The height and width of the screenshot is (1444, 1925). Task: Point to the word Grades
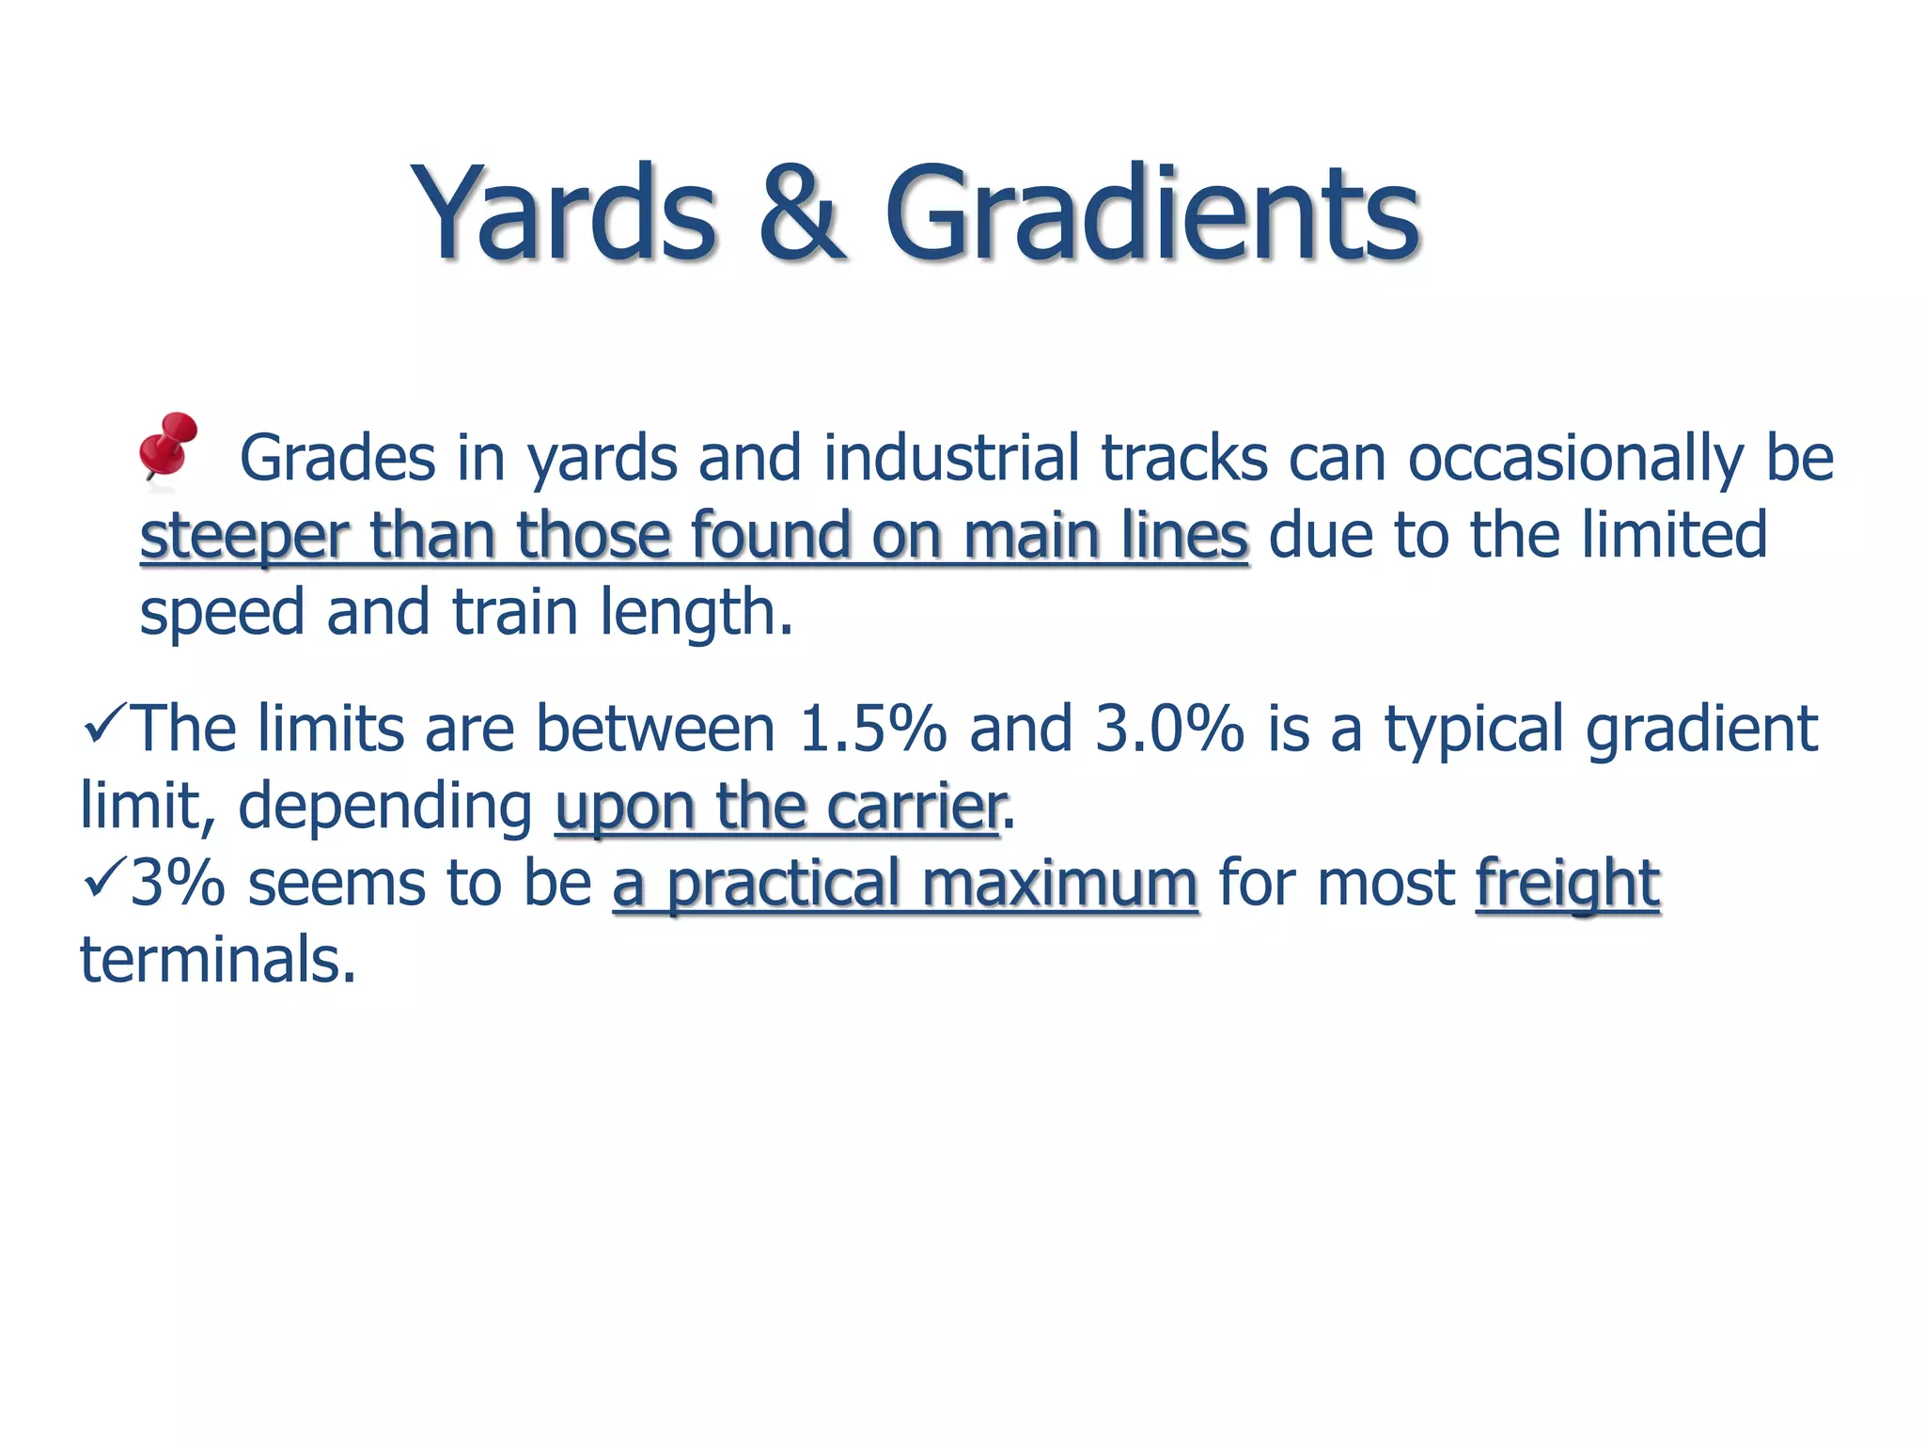(337, 459)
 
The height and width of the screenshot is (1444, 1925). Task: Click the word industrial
(950, 459)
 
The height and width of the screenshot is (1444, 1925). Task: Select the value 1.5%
(872, 730)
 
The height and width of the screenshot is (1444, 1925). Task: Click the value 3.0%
(1169, 730)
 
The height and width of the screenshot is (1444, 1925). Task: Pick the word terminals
(218, 961)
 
